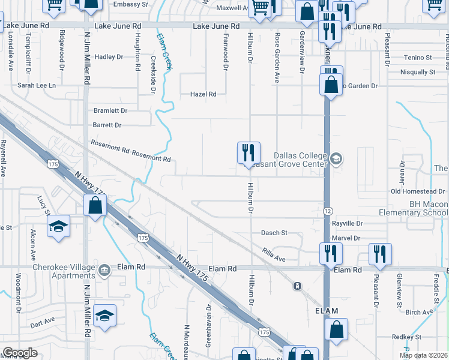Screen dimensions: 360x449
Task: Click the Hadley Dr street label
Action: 109,57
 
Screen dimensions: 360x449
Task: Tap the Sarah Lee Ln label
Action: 36,86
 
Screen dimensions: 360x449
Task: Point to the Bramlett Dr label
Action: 110,111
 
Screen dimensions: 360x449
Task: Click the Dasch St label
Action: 274,233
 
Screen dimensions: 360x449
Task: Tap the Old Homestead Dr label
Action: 418,191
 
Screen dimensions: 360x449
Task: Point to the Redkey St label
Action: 408,337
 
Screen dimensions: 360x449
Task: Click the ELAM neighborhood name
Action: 327,311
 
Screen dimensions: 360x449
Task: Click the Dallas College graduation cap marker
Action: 336,159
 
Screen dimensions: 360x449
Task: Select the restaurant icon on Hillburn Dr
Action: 248,152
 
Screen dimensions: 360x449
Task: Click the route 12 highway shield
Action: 327,211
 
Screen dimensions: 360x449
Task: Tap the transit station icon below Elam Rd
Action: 297,286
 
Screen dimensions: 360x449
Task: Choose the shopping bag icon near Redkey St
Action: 337,328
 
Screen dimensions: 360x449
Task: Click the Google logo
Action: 20,353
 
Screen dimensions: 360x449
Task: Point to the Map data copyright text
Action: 423,355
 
